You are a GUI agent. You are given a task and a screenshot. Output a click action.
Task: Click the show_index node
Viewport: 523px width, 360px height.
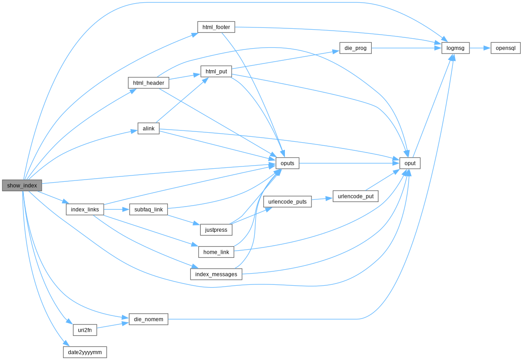pyautogui.click(x=22, y=185)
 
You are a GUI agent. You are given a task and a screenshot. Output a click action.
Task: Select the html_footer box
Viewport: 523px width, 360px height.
pyautogui.click(x=216, y=27)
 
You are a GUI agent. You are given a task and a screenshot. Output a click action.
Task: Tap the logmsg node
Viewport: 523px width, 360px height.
pyautogui.click(x=455, y=48)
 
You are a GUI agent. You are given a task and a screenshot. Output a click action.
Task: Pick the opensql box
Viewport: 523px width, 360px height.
pyautogui.click(x=505, y=48)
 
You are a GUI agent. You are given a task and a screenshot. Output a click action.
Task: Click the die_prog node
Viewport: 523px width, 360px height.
pyautogui.click(x=355, y=48)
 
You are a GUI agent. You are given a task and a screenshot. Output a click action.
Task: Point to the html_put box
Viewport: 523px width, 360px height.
pyautogui.click(x=216, y=72)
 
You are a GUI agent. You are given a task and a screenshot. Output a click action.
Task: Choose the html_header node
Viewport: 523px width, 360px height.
pyautogui.click(x=149, y=83)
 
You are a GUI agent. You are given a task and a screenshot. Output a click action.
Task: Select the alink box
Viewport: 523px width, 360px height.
pyautogui.click(x=149, y=128)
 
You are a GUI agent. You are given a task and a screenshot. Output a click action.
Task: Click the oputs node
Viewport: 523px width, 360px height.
pyautogui.click(x=287, y=163)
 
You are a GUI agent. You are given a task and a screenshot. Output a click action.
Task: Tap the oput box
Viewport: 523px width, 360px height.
pyautogui.click(x=410, y=163)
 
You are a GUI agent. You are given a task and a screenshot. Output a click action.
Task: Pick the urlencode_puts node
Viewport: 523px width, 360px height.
pyautogui.click(x=287, y=202)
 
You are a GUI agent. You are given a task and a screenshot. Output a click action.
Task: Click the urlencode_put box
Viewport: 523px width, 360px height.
pyautogui.click(x=355, y=196)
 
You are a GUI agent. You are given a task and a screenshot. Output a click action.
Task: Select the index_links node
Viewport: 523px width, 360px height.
pyautogui.click(x=85, y=209)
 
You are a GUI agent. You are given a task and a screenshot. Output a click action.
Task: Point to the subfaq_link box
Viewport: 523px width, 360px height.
pyautogui.click(x=149, y=209)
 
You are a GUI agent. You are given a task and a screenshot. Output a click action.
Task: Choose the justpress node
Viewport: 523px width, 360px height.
pyautogui.click(x=216, y=229)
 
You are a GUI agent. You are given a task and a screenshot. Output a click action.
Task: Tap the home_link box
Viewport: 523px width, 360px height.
pyautogui.click(x=216, y=252)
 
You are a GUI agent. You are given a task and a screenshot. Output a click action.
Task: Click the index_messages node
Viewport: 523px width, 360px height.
pyautogui.click(x=216, y=274)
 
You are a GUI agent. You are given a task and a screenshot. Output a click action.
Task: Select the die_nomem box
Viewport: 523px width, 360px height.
pyautogui.click(x=149, y=319)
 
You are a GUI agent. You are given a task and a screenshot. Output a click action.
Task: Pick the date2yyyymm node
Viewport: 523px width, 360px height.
pyautogui.click(x=85, y=352)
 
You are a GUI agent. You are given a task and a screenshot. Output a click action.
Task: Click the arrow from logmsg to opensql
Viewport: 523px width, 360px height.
pyautogui.click(x=480, y=48)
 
